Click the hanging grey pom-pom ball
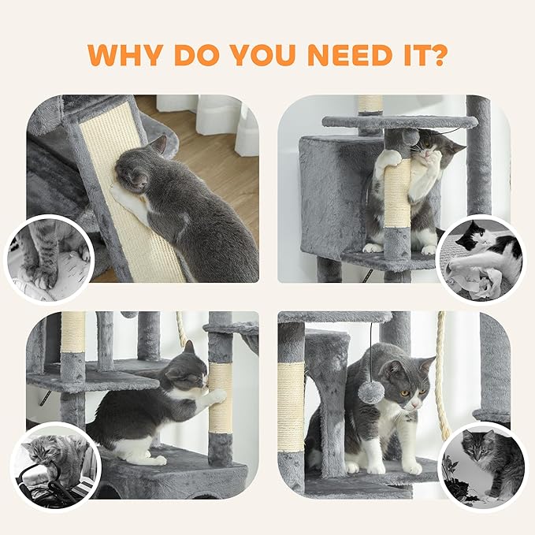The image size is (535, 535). click(x=371, y=391)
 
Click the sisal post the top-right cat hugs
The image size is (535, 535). click(x=397, y=193)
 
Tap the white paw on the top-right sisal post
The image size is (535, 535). click(x=388, y=160)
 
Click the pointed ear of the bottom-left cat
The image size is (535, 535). click(x=189, y=347)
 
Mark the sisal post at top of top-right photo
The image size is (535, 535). click(x=370, y=105)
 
